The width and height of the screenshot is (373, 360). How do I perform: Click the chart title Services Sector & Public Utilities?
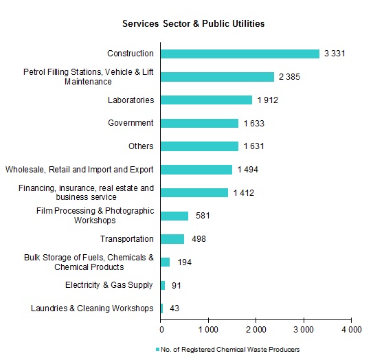click(193, 23)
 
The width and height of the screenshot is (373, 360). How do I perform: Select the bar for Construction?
click(240, 54)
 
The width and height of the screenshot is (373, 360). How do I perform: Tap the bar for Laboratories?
click(206, 100)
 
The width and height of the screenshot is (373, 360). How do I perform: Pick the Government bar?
click(199, 123)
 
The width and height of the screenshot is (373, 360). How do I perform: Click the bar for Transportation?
click(172, 238)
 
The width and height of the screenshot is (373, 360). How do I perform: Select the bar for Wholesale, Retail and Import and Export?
click(196, 169)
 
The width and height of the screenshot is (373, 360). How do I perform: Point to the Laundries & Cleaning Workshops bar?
click(162, 308)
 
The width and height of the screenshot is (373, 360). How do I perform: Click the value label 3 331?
click(337, 54)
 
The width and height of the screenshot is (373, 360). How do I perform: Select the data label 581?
click(204, 216)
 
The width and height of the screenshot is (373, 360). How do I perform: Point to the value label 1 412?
click(245, 193)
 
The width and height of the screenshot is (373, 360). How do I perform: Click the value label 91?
click(177, 286)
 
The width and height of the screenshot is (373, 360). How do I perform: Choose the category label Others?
click(141, 146)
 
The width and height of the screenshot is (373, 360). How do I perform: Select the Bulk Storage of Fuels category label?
click(89, 262)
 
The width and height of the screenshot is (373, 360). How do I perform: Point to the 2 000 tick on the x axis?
click(256, 330)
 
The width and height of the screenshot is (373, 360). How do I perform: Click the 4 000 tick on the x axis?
click(350, 330)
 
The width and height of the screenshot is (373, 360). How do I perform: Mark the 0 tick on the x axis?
click(161, 330)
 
